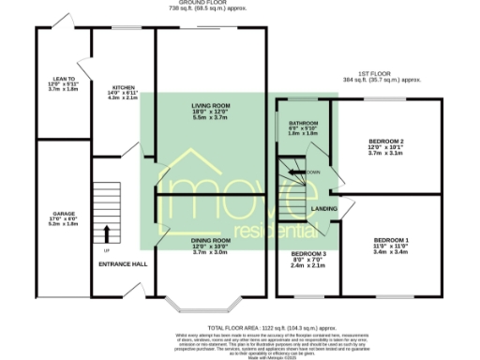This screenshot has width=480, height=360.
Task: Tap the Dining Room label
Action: [x=210, y=241]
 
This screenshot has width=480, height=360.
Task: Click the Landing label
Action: [x=324, y=208]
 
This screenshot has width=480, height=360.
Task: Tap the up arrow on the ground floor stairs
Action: [x=105, y=233]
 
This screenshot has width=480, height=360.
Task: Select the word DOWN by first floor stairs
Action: [x=313, y=172]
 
